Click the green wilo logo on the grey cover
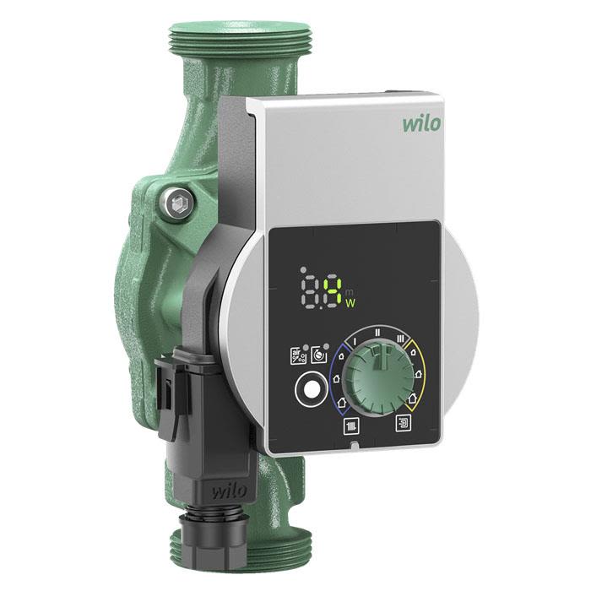421,124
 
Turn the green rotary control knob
380,377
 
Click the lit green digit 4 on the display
333,291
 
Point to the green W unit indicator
350,302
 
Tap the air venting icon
298,356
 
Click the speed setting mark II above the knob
377,333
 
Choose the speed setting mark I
355,342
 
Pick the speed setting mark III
400,339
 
